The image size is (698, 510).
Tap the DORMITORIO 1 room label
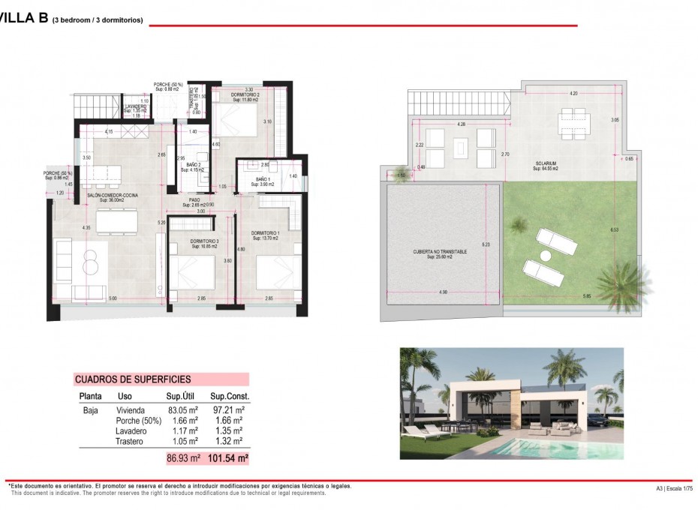(x=266, y=234)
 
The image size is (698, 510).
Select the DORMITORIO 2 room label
(x=245, y=94)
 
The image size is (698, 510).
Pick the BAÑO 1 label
(x=262, y=179)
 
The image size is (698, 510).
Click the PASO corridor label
(x=194, y=200)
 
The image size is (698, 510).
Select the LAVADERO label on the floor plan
(x=135, y=107)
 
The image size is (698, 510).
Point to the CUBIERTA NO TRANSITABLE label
(x=441, y=252)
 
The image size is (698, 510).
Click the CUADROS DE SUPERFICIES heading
(x=133, y=379)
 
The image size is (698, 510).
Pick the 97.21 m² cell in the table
(x=229, y=410)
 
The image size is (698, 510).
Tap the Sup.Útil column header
(x=182, y=396)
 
